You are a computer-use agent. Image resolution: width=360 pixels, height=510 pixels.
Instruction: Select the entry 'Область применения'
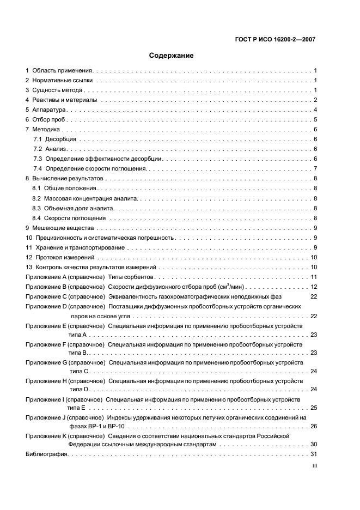coord(63,70)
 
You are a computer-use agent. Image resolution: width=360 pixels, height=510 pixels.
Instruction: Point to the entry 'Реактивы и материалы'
coord(65,100)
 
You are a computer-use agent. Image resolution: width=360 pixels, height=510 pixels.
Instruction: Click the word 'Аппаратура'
coord(49,110)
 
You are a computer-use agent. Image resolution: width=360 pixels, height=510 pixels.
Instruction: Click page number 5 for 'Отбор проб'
coord(315,119)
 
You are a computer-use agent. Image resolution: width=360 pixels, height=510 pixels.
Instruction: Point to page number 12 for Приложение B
coord(314,287)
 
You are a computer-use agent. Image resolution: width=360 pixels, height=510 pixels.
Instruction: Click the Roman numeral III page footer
coord(314,466)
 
